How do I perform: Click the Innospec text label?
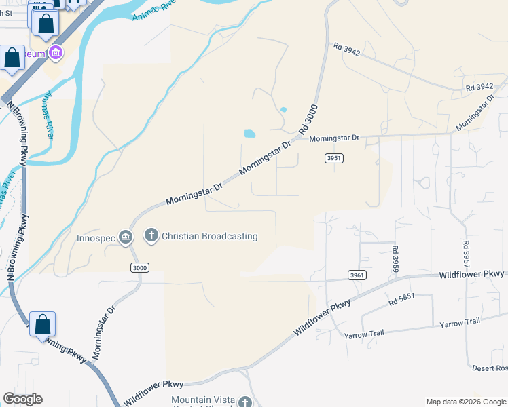tap(95, 237)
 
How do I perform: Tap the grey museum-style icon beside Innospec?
tap(125, 237)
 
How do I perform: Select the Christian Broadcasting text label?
tap(210, 236)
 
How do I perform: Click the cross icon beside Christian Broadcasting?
tap(151, 236)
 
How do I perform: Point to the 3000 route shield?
tap(139, 268)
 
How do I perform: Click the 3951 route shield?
tap(333, 158)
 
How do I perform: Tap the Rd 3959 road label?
tap(395, 258)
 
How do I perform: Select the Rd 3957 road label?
tap(466, 254)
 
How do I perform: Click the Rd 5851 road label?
tap(401, 301)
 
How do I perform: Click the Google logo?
tap(22, 399)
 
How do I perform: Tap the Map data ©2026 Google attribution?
tap(466, 402)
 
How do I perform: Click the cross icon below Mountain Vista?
tap(245, 402)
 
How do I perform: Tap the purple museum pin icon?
tap(56, 52)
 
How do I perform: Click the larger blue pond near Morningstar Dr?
tap(249, 133)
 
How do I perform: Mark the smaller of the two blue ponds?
tap(283, 109)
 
